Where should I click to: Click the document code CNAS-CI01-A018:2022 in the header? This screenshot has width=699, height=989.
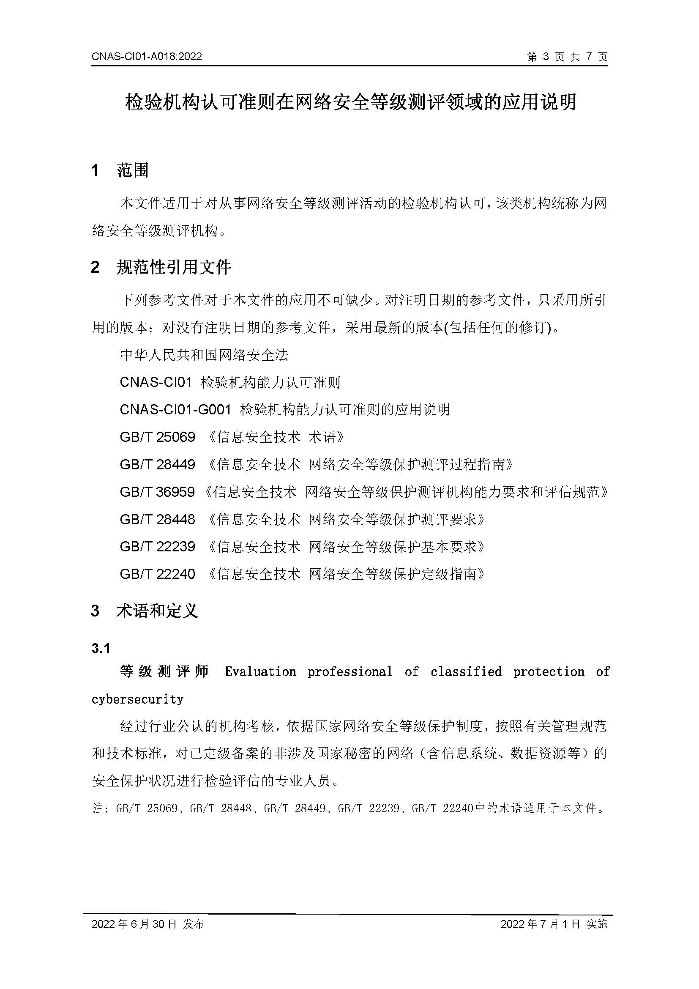[x=146, y=57]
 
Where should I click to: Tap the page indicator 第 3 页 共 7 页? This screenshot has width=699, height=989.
[x=567, y=57]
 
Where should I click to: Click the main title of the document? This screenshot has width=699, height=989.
[x=350, y=102]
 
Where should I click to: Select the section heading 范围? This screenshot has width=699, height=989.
[x=133, y=170]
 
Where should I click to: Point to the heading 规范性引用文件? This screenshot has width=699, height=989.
[x=174, y=268]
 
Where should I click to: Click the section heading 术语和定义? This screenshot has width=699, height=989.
[x=157, y=611]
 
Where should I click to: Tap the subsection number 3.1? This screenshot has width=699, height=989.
[x=101, y=649]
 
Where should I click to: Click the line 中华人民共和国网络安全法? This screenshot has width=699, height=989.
[x=204, y=355]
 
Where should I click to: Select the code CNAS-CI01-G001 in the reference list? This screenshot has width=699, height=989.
[x=176, y=409]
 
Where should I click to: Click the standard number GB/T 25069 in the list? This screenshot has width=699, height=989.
[x=158, y=437]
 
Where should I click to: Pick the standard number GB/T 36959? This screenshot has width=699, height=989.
[x=158, y=491]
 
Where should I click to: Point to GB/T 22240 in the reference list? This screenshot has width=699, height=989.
[x=158, y=574]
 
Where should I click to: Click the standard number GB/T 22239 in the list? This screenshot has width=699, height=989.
[x=158, y=547]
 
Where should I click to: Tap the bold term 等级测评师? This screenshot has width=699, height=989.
[x=164, y=671]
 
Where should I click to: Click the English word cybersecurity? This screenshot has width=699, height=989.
[x=138, y=699]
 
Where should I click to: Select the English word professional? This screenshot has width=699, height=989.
[x=349, y=671]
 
